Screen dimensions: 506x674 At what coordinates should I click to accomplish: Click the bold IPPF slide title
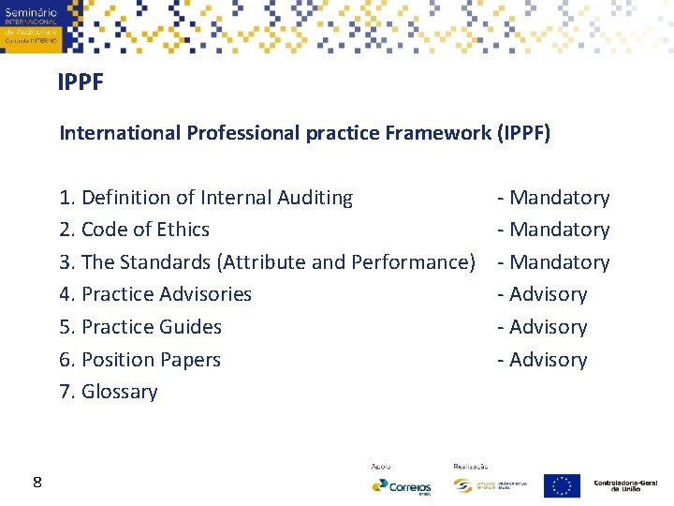pyautogui.click(x=81, y=83)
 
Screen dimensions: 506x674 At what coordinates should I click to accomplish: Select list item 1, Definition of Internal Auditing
pyautogui.click(x=206, y=198)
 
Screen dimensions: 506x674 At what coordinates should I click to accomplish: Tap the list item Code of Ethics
pyautogui.click(x=134, y=230)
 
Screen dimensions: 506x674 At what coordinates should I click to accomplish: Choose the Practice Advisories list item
pyautogui.click(x=155, y=294)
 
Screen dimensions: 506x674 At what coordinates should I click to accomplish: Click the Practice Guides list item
pyautogui.click(x=140, y=327)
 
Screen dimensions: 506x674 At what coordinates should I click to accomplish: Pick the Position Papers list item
pyautogui.click(x=139, y=360)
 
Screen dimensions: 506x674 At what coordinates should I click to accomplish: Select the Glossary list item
pyautogui.click(x=109, y=392)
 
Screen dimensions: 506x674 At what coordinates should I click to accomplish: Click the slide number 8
pyautogui.click(x=37, y=483)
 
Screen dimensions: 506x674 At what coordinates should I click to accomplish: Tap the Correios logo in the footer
pyautogui.click(x=402, y=486)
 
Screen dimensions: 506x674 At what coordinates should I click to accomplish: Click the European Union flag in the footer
pyautogui.click(x=562, y=485)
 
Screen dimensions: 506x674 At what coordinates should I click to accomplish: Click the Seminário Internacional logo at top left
pyautogui.click(x=31, y=26)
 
